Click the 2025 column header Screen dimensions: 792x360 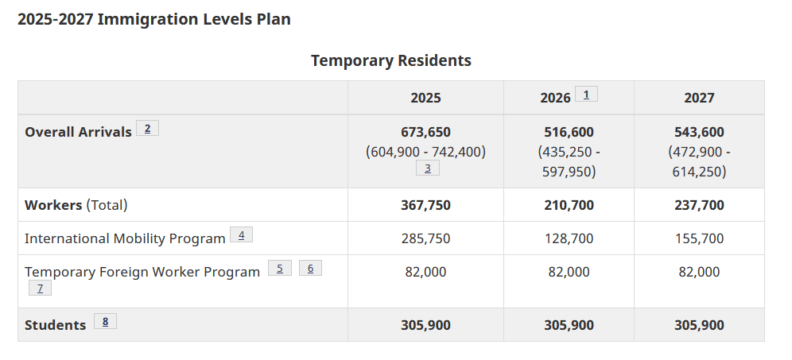pyautogui.click(x=425, y=98)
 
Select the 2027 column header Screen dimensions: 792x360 pyautogui.click(x=699, y=98)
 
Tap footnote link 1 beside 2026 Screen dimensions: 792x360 pyautogui.click(x=586, y=94)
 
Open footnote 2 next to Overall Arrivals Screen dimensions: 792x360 pyautogui.click(x=147, y=128)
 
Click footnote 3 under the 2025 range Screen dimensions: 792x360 pyautogui.click(x=427, y=168)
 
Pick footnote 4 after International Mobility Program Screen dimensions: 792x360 pyautogui.click(x=242, y=234)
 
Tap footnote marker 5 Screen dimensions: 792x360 pyautogui.click(x=280, y=268)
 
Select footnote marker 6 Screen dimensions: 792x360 pyautogui.click(x=310, y=268)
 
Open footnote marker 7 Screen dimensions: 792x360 pyautogui.click(x=40, y=288)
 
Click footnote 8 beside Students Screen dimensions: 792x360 pyautogui.click(x=105, y=321)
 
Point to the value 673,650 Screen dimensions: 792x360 pyautogui.click(x=425, y=132)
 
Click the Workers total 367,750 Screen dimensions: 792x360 pyautogui.click(x=425, y=205)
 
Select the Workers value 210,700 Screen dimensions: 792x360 pyautogui.click(x=569, y=205)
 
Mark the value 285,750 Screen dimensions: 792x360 pyautogui.click(x=425, y=238)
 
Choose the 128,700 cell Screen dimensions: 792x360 pyautogui.click(x=569, y=238)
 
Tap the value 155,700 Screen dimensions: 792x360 pyautogui.click(x=699, y=238)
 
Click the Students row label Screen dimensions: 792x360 pyautogui.click(x=55, y=325)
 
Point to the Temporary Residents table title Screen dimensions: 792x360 pyautogui.click(x=391, y=60)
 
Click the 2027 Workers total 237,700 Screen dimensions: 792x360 pyautogui.click(x=699, y=205)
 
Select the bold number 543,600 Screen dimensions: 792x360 pyautogui.click(x=699, y=132)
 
